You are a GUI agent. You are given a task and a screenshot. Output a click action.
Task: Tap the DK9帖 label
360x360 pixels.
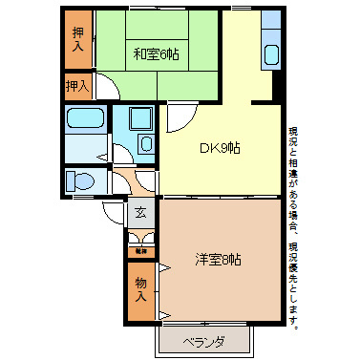point(219,148)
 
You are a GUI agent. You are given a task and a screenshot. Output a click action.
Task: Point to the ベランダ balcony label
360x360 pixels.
point(205,341)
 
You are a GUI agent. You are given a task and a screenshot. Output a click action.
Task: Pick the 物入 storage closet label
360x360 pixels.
point(140,289)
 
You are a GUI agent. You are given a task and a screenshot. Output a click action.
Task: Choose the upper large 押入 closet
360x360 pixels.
point(79,38)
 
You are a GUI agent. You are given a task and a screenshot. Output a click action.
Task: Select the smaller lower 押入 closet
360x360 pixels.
point(77,86)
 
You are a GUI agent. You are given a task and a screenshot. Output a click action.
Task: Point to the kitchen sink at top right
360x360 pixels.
point(270,55)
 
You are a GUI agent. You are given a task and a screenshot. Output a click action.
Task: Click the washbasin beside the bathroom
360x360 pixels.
point(144,144)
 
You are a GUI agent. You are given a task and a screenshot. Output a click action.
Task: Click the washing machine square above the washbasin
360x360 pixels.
point(139,120)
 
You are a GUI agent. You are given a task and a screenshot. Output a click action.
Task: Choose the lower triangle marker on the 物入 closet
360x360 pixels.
point(164,313)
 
